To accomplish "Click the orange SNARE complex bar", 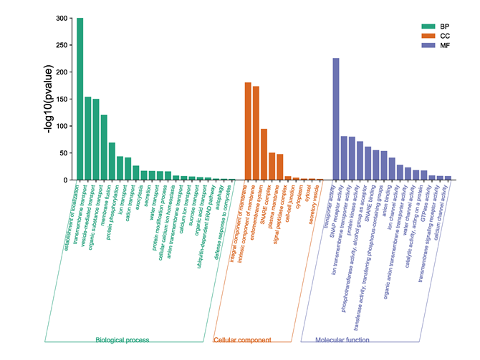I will click(x=264, y=154).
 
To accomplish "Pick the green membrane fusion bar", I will click(x=112, y=161).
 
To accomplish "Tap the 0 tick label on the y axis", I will click(x=65, y=180).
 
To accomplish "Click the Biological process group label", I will click(x=123, y=340).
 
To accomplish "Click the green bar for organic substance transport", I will click(x=104, y=147).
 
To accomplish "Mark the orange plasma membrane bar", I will click(x=272, y=166).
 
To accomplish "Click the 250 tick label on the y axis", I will click(x=62, y=45).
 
